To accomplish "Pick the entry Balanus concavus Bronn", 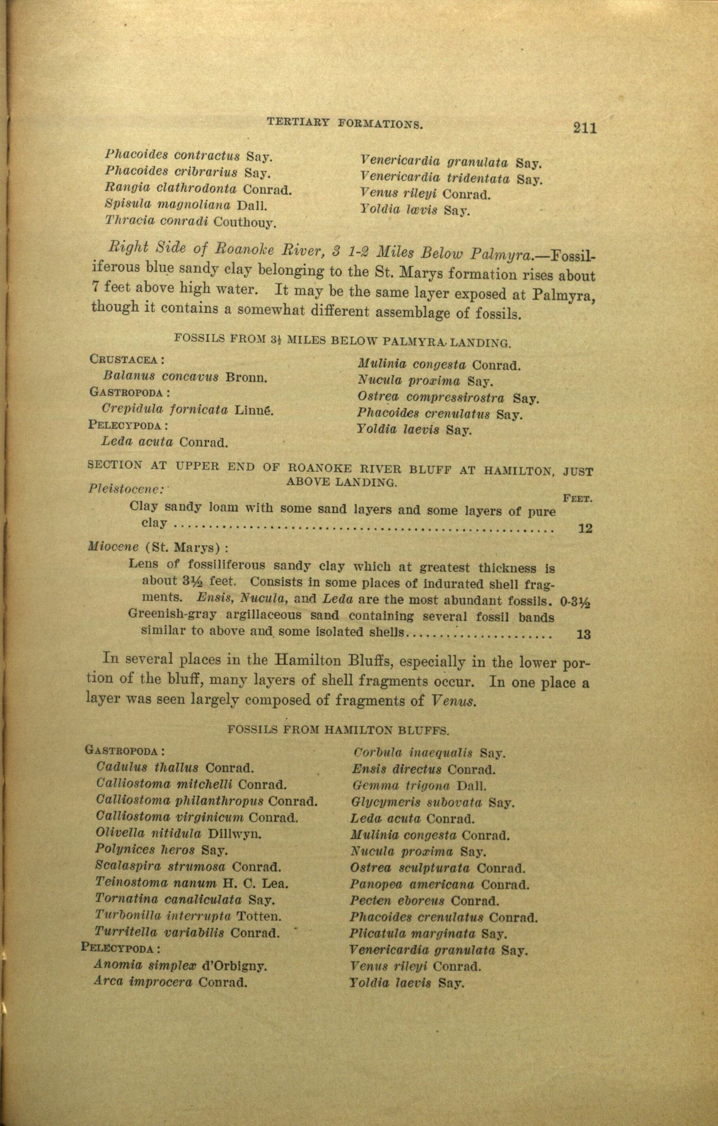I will click(x=185, y=377).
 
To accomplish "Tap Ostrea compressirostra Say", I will click(x=448, y=398).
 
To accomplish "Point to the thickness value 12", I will click(x=585, y=528).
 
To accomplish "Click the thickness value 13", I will click(x=584, y=635).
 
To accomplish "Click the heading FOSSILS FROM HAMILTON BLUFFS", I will click(x=338, y=730).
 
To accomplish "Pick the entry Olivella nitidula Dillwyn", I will click(x=178, y=833).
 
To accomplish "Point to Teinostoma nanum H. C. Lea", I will click(x=191, y=883).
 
